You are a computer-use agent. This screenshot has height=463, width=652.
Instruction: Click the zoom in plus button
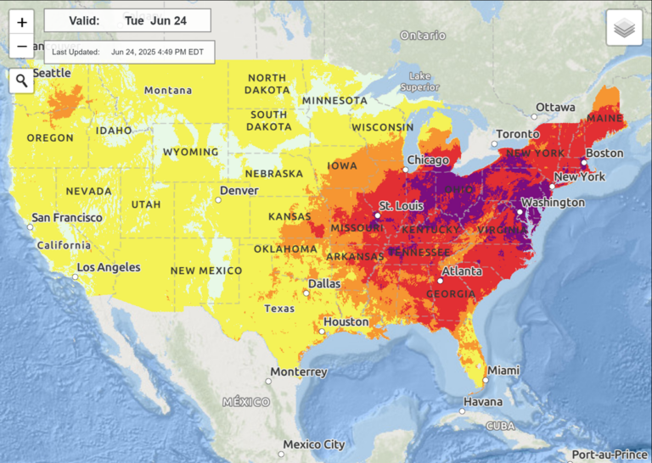[x=22, y=23]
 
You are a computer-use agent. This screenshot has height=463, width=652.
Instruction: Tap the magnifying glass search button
[x=22, y=81]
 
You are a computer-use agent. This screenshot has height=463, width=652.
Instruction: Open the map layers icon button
[x=624, y=28]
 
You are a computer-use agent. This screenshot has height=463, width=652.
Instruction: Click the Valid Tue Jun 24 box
[x=127, y=20]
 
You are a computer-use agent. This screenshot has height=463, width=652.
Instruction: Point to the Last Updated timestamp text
[x=129, y=52]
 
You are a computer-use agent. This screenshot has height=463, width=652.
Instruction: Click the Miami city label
[x=503, y=371]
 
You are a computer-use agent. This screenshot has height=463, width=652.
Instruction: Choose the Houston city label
[x=346, y=322]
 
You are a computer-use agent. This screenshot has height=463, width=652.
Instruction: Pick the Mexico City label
[x=314, y=444]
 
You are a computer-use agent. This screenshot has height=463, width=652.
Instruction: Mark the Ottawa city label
[x=555, y=108]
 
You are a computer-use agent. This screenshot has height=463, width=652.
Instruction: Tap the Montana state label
[x=168, y=91]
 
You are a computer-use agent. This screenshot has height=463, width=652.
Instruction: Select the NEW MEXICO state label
[x=206, y=271]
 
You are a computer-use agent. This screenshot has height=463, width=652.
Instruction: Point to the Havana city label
[x=482, y=402]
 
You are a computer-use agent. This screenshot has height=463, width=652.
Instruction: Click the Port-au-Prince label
[x=611, y=455]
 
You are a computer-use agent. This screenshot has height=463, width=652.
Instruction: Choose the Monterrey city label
[x=299, y=372]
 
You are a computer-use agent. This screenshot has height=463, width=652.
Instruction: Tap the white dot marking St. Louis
[x=378, y=215]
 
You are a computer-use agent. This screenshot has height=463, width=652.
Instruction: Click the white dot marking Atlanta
[x=441, y=281]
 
